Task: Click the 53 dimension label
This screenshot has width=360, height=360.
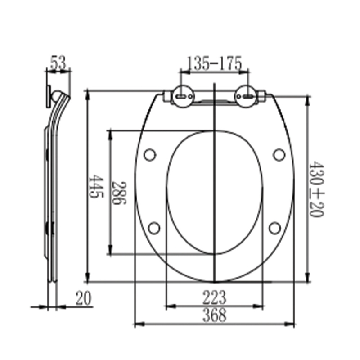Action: (x=58, y=62)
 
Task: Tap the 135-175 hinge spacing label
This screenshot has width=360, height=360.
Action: (x=215, y=63)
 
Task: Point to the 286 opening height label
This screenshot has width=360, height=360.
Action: (x=119, y=193)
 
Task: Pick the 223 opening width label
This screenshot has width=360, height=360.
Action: (x=214, y=297)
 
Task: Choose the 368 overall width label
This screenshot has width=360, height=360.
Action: (x=214, y=315)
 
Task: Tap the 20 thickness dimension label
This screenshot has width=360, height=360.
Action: (x=83, y=298)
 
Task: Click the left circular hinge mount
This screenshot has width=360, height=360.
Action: (x=183, y=96)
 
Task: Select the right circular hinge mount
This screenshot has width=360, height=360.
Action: (x=246, y=96)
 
